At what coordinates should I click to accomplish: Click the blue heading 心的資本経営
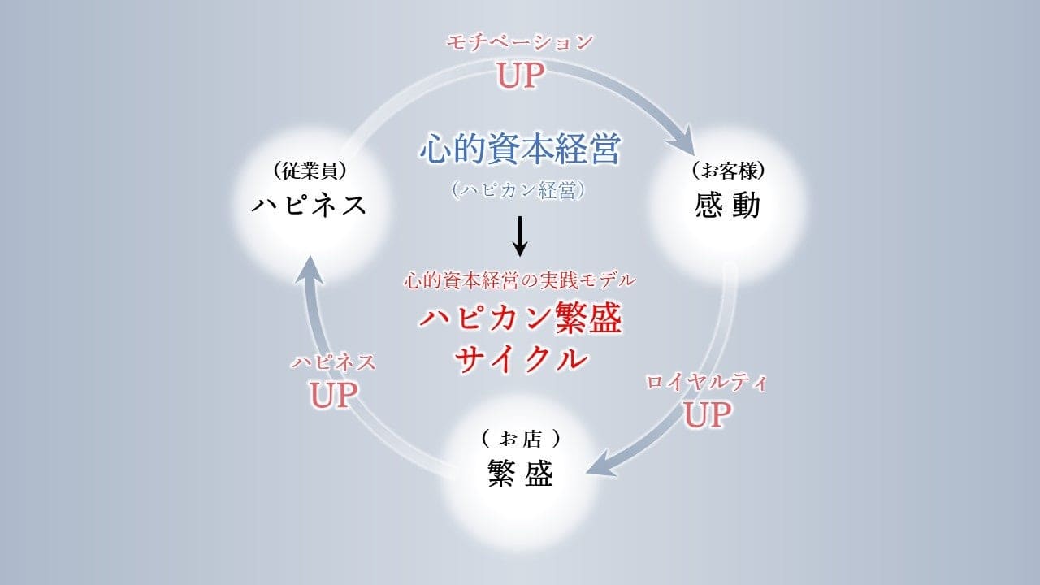point(520,149)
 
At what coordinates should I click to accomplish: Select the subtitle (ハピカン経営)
point(520,189)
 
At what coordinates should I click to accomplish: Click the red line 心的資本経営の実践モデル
point(520,281)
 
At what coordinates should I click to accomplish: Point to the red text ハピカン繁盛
point(520,319)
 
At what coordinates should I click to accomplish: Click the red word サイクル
point(520,357)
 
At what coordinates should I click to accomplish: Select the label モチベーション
point(520,43)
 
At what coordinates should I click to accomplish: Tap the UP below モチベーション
point(520,76)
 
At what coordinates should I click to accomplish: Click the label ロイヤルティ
point(706,383)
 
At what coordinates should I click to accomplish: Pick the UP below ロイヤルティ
point(706,415)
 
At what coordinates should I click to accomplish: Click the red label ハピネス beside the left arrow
point(333,362)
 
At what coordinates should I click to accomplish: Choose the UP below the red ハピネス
point(333,395)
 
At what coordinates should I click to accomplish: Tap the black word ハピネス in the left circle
point(310,205)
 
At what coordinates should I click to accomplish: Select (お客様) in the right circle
point(728,171)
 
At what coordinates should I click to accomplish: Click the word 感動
point(728,206)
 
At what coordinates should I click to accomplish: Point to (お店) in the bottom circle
point(520,439)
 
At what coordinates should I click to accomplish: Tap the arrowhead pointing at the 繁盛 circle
point(597,470)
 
